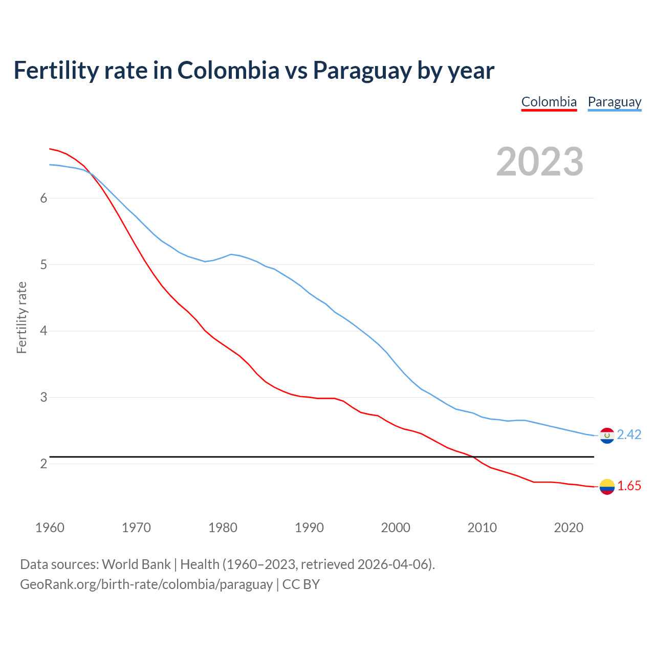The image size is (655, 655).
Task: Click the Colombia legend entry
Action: click(549, 102)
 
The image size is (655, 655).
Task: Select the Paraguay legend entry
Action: click(614, 102)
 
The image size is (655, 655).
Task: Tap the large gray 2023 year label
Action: click(539, 162)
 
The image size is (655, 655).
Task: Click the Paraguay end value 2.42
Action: click(629, 434)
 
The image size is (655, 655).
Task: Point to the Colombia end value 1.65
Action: click(629, 486)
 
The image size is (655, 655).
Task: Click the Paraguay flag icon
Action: click(607, 435)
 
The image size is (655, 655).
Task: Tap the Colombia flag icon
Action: click(607, 487)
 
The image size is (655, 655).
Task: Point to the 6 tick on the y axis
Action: click(43, 199)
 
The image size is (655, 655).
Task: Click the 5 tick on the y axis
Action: click(43, 265)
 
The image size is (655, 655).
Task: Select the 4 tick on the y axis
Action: click(43, 331)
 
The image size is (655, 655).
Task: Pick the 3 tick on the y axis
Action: click(43, 398)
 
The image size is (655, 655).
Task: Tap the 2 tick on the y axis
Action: click(43, 464)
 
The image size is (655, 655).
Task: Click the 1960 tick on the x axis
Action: click(50, 528)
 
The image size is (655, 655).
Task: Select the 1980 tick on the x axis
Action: click(223, 528)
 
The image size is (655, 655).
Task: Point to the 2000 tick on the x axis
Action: click(396, 528)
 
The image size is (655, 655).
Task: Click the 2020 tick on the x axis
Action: click(569, 528)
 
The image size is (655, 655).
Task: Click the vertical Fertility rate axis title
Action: click(21, 317)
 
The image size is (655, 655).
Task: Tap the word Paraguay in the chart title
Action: click(362, 70)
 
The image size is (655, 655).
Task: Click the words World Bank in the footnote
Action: click(136, 564)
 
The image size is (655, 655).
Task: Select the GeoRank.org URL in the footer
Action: click(146, 584)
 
